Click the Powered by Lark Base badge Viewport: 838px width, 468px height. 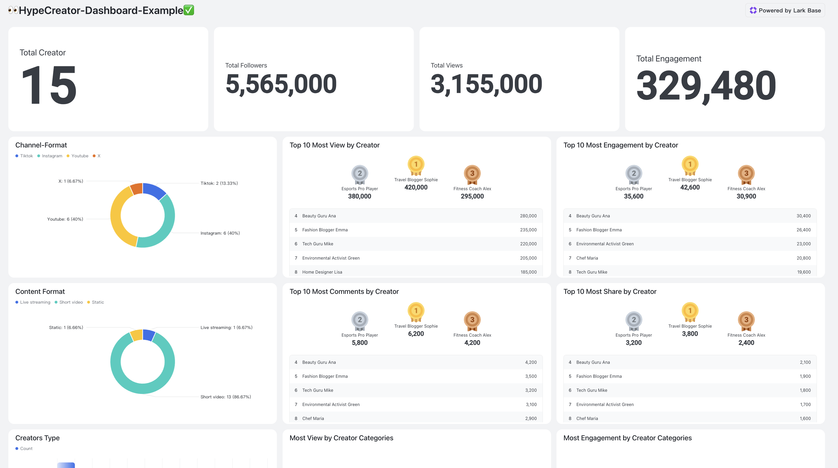[785, 10]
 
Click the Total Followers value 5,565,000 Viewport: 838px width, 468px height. [281, 84]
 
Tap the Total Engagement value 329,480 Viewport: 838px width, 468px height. [706, 86]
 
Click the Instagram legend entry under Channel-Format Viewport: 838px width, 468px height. [50, 156]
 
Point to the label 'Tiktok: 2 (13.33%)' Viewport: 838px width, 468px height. [219, 183]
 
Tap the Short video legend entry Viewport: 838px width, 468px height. [69, 302]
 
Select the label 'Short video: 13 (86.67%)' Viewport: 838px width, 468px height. [225, 397]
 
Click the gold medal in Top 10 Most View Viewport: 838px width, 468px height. [416, 165]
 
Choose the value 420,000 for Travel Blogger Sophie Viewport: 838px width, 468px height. [416, 187]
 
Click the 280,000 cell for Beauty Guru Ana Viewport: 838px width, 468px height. [528, 216]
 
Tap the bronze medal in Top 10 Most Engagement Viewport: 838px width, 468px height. [746, 174]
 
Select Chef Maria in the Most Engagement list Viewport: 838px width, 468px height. [587, 258]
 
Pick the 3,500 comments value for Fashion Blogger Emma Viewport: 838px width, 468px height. [531, 376]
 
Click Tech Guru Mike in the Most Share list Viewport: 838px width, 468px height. [591, 390]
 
